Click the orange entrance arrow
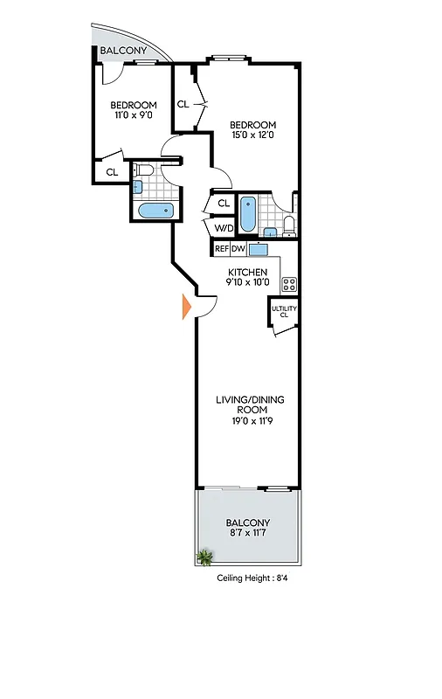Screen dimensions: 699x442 click(x=185, y=308)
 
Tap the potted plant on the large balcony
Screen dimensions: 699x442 click(x=205, y=557)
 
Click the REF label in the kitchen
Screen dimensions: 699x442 click(x=221, y=249)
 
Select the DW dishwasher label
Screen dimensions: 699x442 click(x=238, y=249)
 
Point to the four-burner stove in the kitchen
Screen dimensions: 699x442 click(x=290, y=284)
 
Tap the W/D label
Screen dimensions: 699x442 click(x=223, y=228)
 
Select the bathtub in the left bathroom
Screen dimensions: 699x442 click(x=157, y=211)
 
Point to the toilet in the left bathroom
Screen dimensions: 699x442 click(x=145, y=170)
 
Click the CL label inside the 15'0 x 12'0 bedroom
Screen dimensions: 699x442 click(x=183, y=104)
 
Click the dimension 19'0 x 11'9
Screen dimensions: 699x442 click(x=250, y=420)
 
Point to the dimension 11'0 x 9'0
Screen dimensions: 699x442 click(x=134, y=114)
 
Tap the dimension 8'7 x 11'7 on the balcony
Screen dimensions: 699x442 click(x=249, y=533)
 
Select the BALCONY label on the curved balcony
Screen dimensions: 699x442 click(x=123, y=52)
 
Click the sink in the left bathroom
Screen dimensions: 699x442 click(x=138, y=186)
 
